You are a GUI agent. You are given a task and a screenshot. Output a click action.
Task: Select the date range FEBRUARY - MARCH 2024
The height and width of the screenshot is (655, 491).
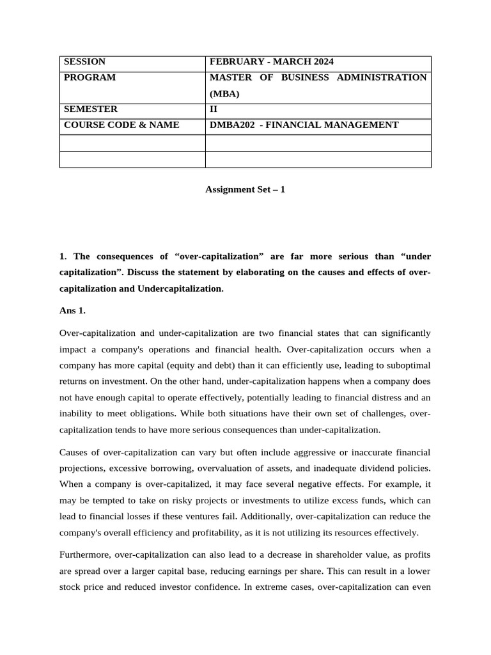(x=272, y=62)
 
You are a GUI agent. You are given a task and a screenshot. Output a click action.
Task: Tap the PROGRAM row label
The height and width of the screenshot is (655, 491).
(x=90, y=77)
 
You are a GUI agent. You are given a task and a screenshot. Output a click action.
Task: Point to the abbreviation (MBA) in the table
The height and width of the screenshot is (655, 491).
(x=224, y=93)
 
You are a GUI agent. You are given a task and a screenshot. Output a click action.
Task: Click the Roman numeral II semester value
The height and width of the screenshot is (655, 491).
(x=214, y=109)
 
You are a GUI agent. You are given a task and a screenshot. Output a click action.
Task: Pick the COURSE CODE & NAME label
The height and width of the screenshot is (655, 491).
(x=121, y=125)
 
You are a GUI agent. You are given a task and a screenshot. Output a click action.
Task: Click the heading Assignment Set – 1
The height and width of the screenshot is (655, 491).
(x=245, y=190)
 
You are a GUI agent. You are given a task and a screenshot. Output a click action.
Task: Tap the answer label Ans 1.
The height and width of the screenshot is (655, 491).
(x=72, y=311)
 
